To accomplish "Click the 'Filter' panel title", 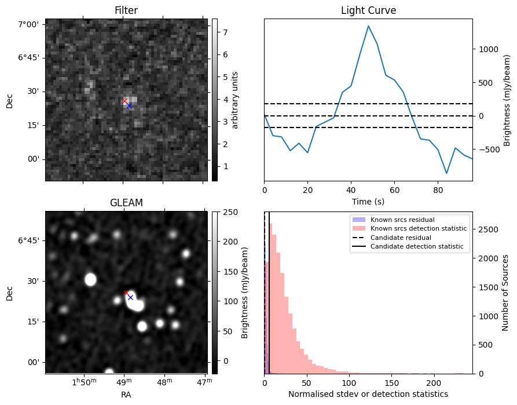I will [x=126, y=10].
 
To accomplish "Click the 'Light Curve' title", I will [x=368, y=10].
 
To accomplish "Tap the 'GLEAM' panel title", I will [x=126, y=203].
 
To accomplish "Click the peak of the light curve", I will [x=368, y=25].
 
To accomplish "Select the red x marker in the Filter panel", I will [x=124, y=101].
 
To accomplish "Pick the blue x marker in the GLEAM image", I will [x=130, y=297].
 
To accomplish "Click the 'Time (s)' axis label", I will [x=368, y=201].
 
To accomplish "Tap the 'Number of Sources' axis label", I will [x=504, y=293].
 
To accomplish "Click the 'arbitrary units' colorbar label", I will [x=235, y=100].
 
